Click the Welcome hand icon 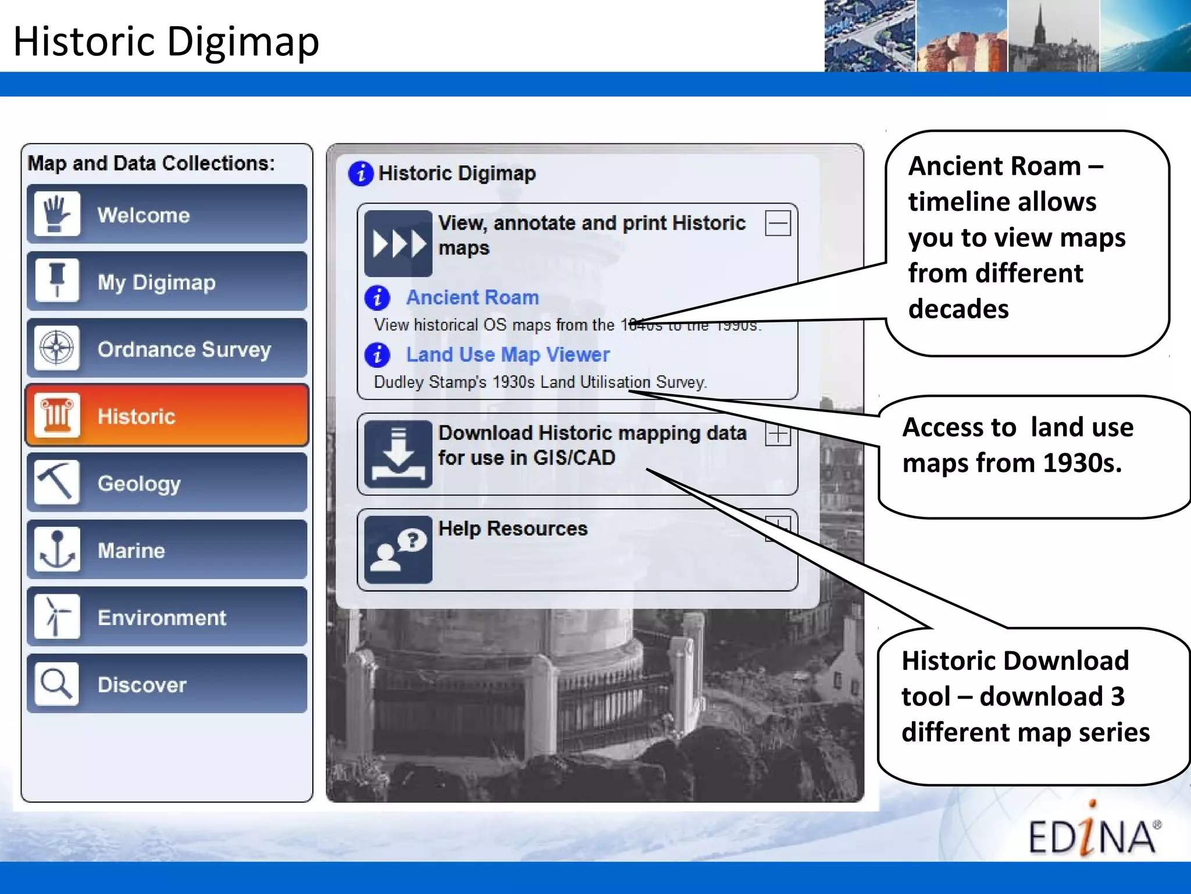click(56, 214)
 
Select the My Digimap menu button click(167, 282)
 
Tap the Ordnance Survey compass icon click(56, 348)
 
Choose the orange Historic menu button click(167, 416)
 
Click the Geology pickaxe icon click(56, 482)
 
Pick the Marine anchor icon click(56, 549)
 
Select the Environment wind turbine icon click(56, 616)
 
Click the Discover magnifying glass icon click(56, 683)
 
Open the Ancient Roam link click(472, 297)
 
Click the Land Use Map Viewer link click(508, 354)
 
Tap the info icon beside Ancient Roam click(377, 297)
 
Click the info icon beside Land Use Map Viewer click(377, 354)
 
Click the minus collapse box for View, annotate click(778, 223)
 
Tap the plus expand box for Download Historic click(778, 434)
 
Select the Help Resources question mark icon click(398, 549)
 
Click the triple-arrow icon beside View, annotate click(398, 243)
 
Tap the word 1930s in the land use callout click(1082, 463)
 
